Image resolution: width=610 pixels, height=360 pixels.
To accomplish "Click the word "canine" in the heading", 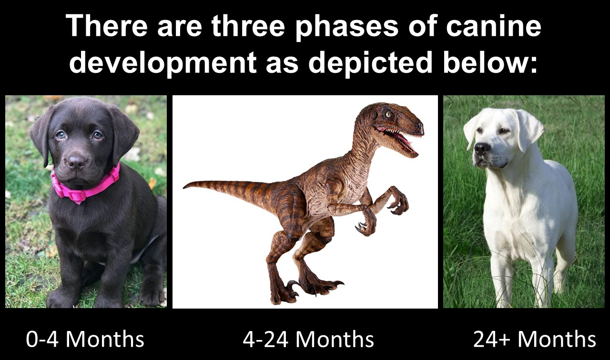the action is click(x=493, y=26).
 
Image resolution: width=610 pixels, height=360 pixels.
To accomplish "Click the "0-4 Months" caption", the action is click(x=85, y=339).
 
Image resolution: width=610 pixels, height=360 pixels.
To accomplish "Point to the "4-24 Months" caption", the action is click(x=308, y=339).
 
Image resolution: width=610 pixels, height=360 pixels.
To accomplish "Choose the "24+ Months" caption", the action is click(x=535, y=339).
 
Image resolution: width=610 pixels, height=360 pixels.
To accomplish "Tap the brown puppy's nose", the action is click(x=76, y=161).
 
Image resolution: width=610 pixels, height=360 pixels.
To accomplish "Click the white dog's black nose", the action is click(x=482, y=148).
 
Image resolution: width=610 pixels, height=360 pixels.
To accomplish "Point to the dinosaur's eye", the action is click(x=388, y=115).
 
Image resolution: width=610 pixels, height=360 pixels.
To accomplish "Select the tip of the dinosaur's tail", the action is click(x=183, y=188).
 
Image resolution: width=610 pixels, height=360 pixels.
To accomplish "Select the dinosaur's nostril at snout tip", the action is click(x=420, y=126).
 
